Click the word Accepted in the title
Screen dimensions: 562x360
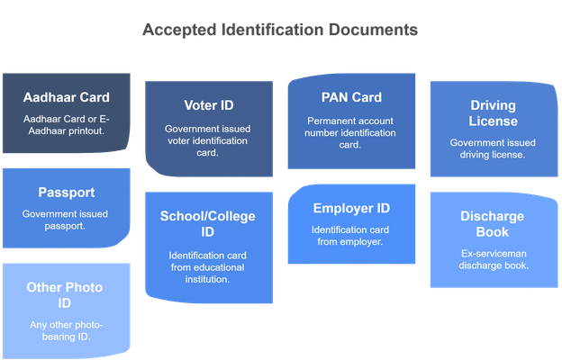coord(179,30)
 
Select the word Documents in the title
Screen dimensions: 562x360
coord(373,30)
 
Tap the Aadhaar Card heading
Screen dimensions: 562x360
coord(67,97)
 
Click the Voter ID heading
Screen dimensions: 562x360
coord(209,105)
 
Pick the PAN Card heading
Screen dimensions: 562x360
coord(351,97)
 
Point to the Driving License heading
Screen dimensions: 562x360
coord(494,113)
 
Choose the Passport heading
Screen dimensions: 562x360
coord(67,193)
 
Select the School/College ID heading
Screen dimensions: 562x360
coord(207,224)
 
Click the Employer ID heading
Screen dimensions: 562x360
coord(351,208)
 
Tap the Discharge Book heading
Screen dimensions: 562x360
coord(493,224)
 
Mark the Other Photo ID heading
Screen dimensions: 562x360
coord(65,295)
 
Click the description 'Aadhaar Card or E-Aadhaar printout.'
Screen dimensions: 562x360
coord(67,125)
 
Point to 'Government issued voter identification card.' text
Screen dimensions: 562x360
coord(207,140)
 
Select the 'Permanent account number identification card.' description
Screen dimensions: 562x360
coord(350,133)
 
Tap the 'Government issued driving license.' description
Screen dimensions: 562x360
coord(493,148)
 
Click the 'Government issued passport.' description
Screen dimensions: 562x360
coord(65,220)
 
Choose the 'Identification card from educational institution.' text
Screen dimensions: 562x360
coord(207,267)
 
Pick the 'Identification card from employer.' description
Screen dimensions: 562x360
coord(350,236)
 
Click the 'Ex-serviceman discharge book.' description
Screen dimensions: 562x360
coord(494,259)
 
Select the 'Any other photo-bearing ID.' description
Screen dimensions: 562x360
coord(67,330)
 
